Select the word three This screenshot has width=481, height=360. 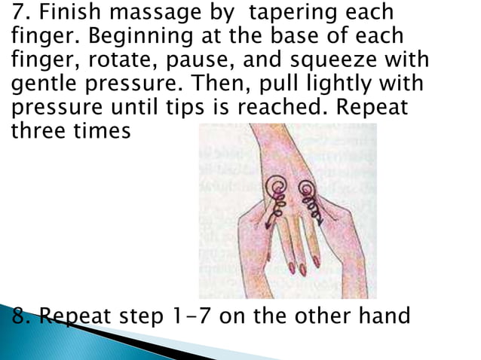tap(38, 130)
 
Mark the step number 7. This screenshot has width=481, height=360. tap(19, 14)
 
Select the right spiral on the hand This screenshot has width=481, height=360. tap(307, 188)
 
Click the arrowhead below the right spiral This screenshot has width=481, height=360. tap(320, 221)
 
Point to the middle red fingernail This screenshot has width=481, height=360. tap(302, 269)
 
